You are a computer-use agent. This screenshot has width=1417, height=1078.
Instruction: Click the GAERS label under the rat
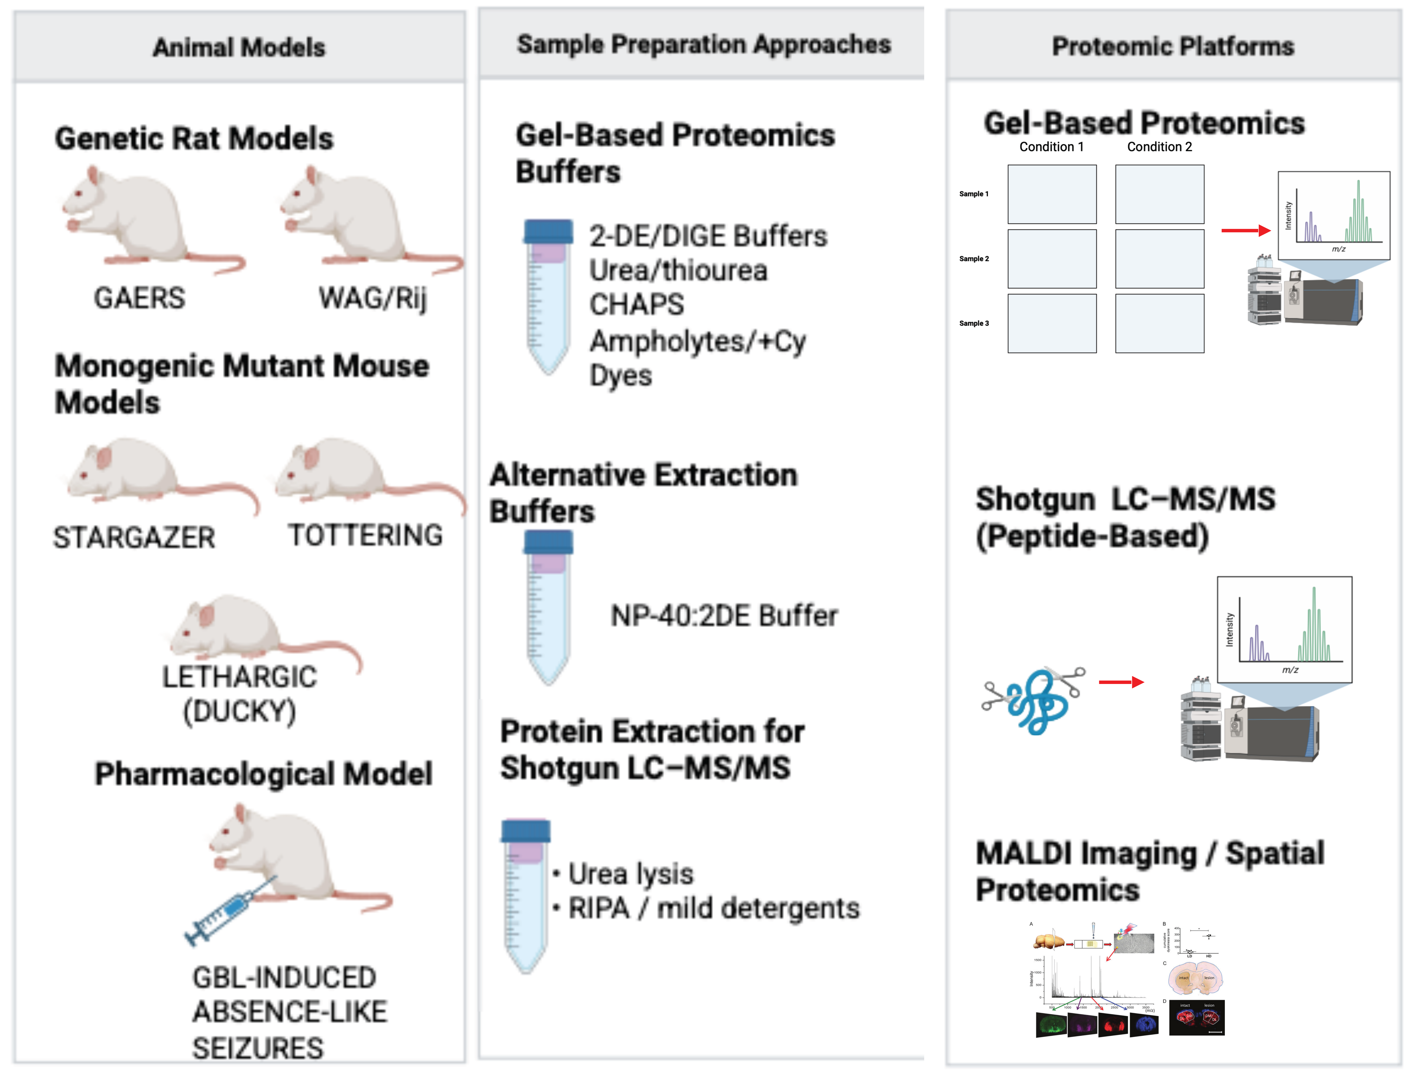(x=139, y=298)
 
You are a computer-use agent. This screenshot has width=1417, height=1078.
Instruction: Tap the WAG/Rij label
(x=372, y=298)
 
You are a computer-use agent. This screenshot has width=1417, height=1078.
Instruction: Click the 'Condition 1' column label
(x=1051, y=147)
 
